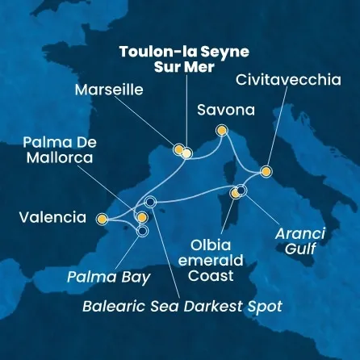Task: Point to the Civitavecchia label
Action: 290,80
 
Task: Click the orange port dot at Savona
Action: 222,131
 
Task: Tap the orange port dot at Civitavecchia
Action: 266,171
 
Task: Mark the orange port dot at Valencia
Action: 102,218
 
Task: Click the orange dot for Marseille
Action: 178,149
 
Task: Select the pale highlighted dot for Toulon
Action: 186,153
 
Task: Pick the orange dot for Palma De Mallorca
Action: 142,217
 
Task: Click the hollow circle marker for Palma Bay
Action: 143,231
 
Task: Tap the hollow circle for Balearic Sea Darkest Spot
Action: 149,201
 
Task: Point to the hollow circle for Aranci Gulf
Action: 241,190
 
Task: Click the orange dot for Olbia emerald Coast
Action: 235,194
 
